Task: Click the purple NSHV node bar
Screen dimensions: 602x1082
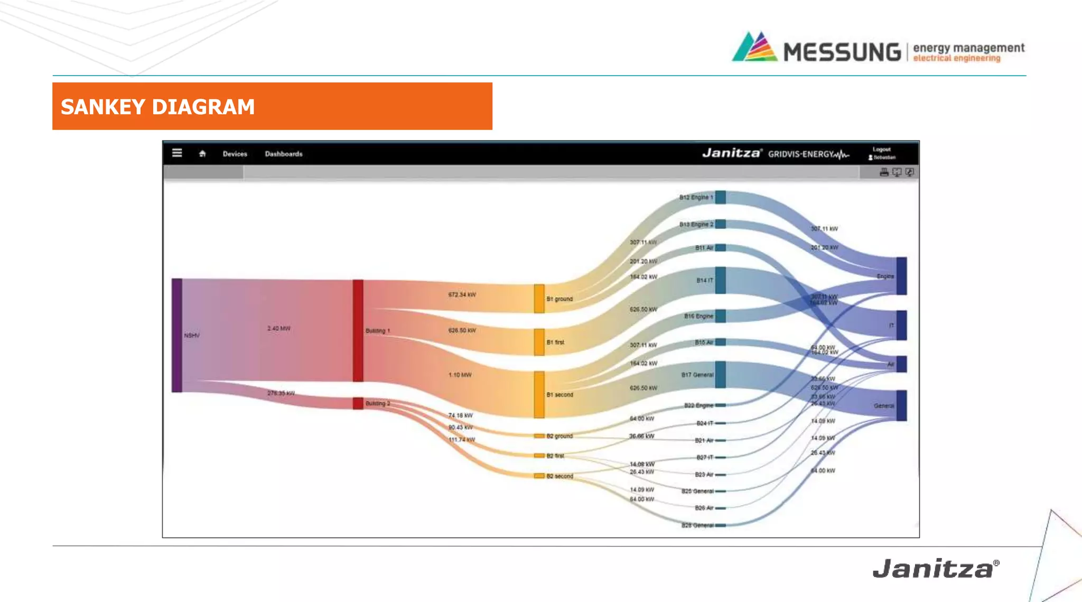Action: (x=177, y=335)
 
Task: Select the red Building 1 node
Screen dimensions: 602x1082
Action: (x=358, y=330)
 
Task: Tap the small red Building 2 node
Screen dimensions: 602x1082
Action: (x=358, y=403)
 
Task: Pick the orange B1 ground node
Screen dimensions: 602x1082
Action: (x=539, y=299)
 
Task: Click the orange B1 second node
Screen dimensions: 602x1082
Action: (x=539, y=394)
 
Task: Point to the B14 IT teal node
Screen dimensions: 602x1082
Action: (x=720, y=280)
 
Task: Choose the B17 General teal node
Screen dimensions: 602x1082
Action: (x=720, y=374)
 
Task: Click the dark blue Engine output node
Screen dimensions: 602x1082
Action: (x=901, y=276)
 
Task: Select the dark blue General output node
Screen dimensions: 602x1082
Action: (x=901, y=405)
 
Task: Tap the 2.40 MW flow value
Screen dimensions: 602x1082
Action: (x=278, y=328)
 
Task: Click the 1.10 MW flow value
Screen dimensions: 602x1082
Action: (x=460, y=375)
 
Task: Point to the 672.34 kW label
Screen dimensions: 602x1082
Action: (x=462, y=294)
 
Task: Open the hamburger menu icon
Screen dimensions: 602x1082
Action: (x=177, y=153)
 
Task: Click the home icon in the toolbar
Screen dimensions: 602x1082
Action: (x=202, y=154)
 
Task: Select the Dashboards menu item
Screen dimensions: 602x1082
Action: (x=284, y=154)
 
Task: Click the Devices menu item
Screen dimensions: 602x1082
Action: (x=235, y=154)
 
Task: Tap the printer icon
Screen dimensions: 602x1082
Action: (x=884, y=172)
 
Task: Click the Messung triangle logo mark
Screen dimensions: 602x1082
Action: (x=754, y=48)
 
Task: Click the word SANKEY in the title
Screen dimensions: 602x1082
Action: (x=103, y=107)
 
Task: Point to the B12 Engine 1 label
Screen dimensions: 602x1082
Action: (x=696, y=197)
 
